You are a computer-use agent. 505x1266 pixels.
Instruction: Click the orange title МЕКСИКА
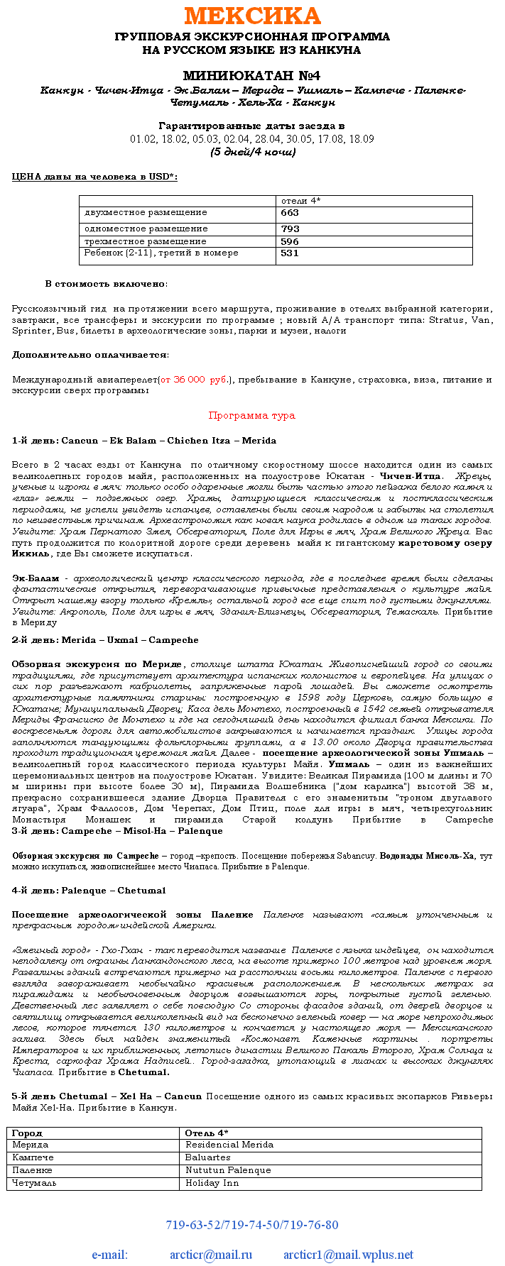[252, 16]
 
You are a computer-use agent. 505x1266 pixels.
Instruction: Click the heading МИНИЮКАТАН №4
[252, 76]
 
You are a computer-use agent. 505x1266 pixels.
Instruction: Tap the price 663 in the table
[290, 213]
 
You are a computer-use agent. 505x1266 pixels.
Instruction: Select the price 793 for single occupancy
[290, 229]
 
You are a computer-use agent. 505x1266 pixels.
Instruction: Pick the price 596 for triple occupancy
[290, 241]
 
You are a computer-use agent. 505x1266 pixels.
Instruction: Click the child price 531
[290, 253]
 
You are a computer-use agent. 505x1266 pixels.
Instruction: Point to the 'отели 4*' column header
[301, 201]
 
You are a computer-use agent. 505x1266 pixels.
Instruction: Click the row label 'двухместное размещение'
[146, 213]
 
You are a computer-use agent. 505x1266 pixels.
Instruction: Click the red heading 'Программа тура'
[251, 416]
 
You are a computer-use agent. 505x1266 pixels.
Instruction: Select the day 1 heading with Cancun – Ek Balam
[144, 441]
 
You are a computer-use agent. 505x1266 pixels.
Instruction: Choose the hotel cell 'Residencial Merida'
[229, 1145]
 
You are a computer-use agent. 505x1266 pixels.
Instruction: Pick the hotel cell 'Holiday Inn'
[212, 1183]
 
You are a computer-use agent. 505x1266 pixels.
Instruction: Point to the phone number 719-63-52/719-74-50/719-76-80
[251, 1225]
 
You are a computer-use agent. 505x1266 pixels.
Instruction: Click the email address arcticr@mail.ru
[210, 1255]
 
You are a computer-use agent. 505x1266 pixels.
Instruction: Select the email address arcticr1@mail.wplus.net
[348, 1255]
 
